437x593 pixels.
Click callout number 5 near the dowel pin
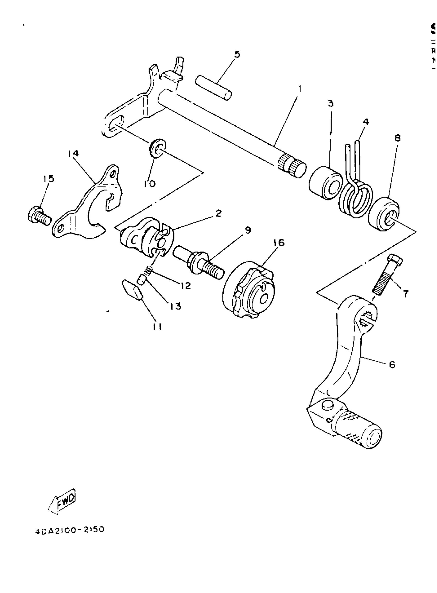237,54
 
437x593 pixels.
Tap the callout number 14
73,153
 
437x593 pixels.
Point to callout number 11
157,327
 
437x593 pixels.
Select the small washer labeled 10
157,148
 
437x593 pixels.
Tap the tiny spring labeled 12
149,271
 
